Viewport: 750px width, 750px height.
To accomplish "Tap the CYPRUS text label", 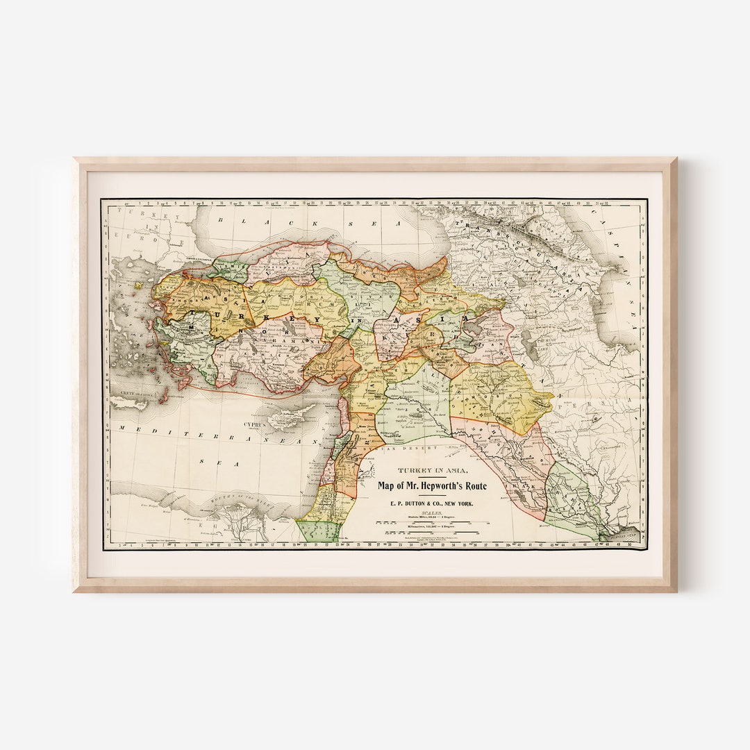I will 255,422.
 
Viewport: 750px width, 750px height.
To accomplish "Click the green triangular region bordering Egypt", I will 318,531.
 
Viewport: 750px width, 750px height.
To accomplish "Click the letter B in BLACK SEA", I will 219,221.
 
